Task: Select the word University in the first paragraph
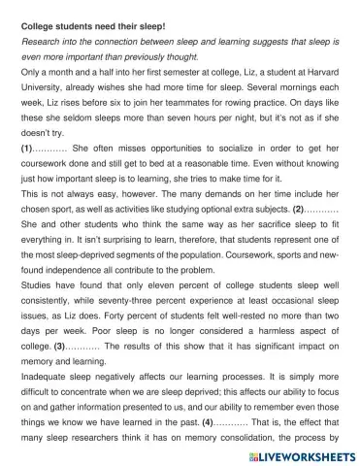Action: point(46,89)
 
